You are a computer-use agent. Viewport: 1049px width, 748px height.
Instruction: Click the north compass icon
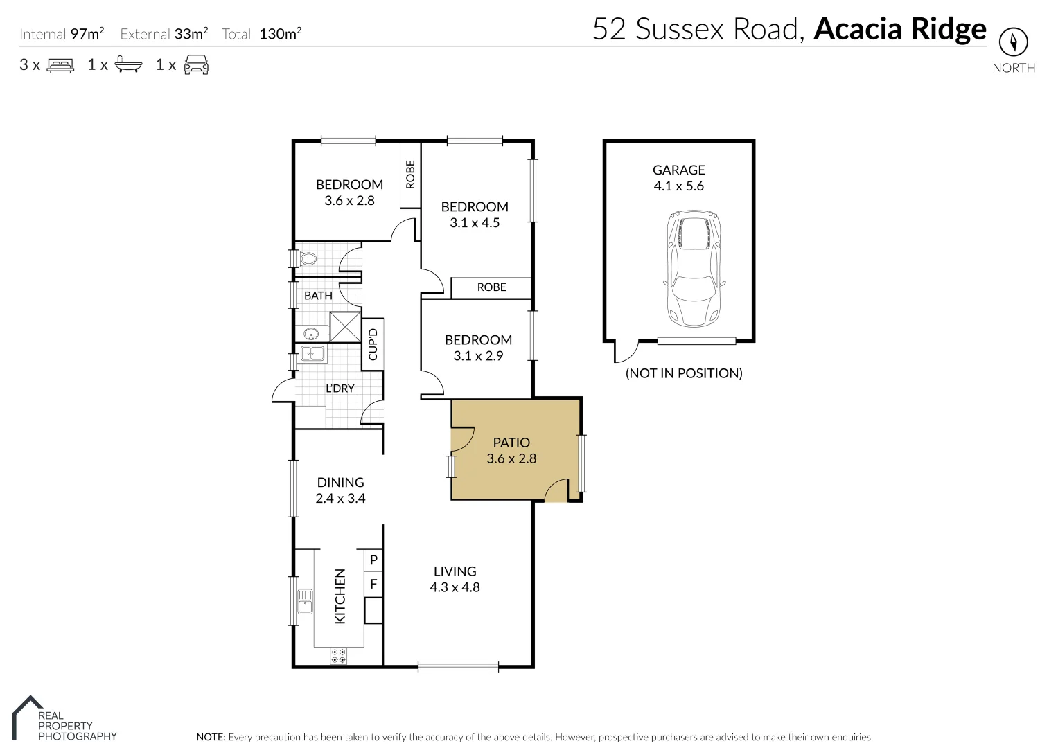pos(1013,42)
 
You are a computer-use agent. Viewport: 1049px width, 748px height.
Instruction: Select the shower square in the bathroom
pos(344,327)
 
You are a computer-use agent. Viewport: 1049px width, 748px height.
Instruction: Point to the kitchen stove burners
pos(339,655)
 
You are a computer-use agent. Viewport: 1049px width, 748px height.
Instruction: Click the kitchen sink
pos(305,601)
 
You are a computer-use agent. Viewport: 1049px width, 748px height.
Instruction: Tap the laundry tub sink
pos(312,354)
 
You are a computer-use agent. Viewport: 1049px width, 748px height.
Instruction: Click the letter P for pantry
pos(373,560)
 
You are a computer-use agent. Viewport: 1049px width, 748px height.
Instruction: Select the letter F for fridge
pos(373,584)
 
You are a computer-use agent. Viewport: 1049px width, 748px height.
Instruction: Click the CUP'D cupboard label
pos(373,344)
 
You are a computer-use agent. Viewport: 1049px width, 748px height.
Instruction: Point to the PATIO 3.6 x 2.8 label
pos(511,450)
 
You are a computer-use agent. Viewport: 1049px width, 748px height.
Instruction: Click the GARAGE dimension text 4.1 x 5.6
pos(678,186)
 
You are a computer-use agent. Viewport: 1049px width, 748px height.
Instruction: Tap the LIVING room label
pos(455,571)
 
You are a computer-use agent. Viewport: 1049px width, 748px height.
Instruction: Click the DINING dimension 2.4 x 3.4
pos(340,499)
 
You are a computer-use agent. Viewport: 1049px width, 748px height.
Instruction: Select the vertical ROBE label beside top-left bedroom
pos(410,175)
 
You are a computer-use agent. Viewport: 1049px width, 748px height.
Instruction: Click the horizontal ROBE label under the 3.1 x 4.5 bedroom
pos(491,287)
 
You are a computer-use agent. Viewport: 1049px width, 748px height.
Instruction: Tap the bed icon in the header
pos(60,65)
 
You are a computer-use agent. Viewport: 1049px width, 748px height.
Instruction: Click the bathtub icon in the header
pos(128,65)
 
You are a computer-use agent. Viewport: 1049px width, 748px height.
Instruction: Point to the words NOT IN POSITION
pos(684,373)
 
